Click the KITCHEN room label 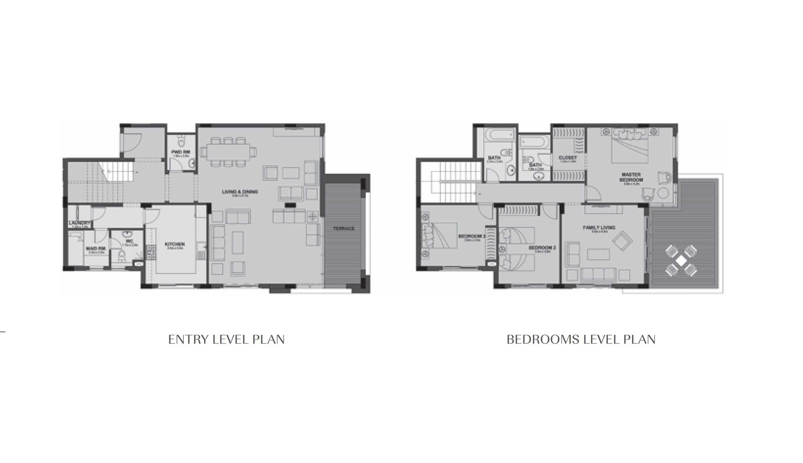pyautogui.click(x=175, y=244)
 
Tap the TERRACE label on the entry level pyautogui.click(x=344, y=229)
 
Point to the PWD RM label pyautogui.click(x=180, y=152)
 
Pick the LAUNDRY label pyautogui.click(x=79, y=223)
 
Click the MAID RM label pyautogui.click(x=95, y=249)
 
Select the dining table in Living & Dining pyautogui.click(x=228, y=153)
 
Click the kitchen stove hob pyautogui.click(x=151, y=252)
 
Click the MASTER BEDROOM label pyautogui.click(x=631, y=177)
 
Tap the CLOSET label pyautogui.click(x=568, y=158)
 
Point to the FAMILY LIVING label pyautogui.click(x=599, y=228)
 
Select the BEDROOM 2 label pyautogui.click(x=542, y=248)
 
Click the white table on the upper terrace pyautogui.click(x=681, y=261)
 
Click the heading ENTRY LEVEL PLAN pyautogui.click(x=226, y=340)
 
